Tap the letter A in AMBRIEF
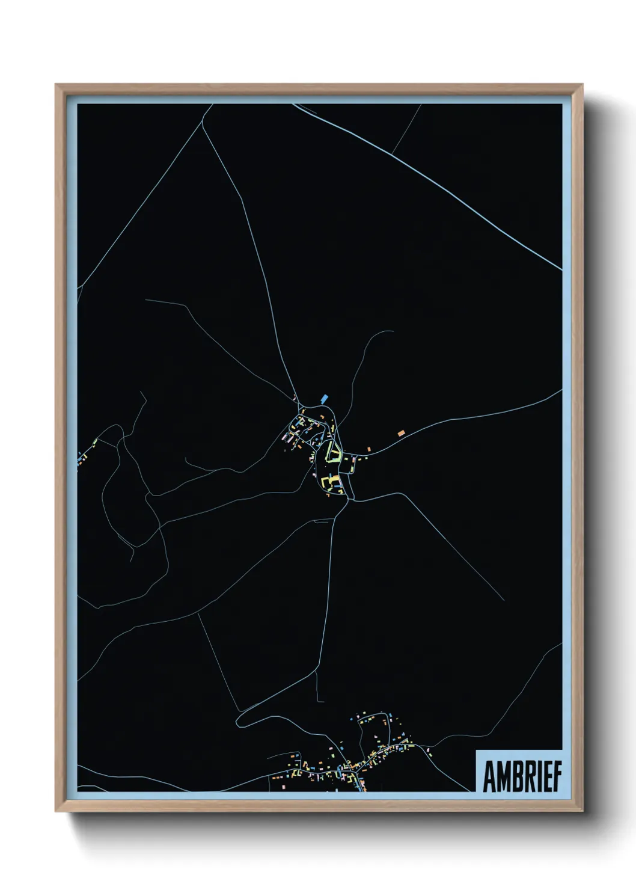489,777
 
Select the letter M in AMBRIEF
504,777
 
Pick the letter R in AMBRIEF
530,777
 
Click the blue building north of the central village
325,397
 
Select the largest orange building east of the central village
400,432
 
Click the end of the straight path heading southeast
503,600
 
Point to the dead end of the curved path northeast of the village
393,331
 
